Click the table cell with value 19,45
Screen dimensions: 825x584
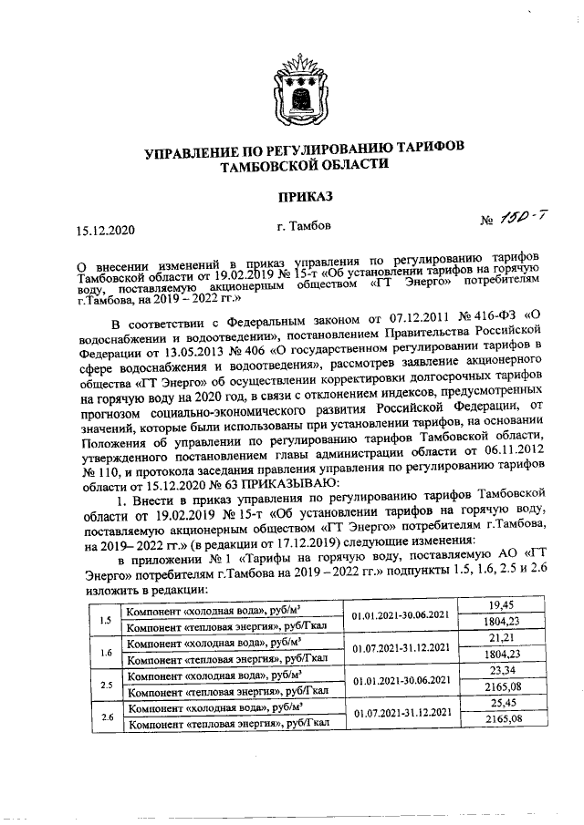click(x=497, y=603)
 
